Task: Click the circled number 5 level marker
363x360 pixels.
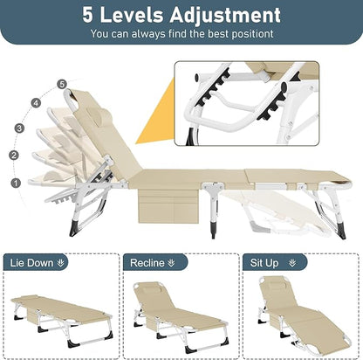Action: pos(61,84)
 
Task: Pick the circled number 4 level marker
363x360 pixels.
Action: pos(36,102)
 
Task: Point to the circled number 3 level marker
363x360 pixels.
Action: pos(19,128)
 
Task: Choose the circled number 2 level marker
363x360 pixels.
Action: pos(13,155)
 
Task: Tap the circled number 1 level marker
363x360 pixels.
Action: pos(13,183)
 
